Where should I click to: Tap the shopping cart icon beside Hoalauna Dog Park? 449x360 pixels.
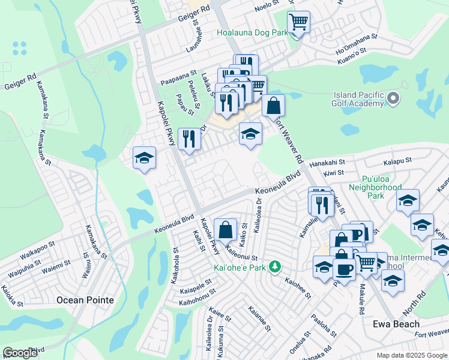[298, 23]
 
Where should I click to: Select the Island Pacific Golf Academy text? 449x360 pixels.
[358, 99]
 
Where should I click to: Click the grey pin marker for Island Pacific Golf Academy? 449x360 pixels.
[394, 98]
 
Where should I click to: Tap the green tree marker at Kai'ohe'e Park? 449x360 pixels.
[275, 266]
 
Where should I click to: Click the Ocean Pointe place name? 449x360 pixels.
[85, 299]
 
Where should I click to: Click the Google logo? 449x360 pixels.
[21, 353]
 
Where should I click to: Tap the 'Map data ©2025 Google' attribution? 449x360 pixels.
[411, 355]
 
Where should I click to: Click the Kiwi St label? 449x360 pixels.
[333, 173]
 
